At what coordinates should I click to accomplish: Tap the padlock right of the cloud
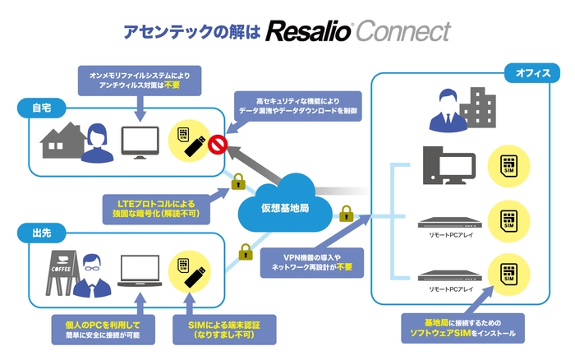pos(346,213)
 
